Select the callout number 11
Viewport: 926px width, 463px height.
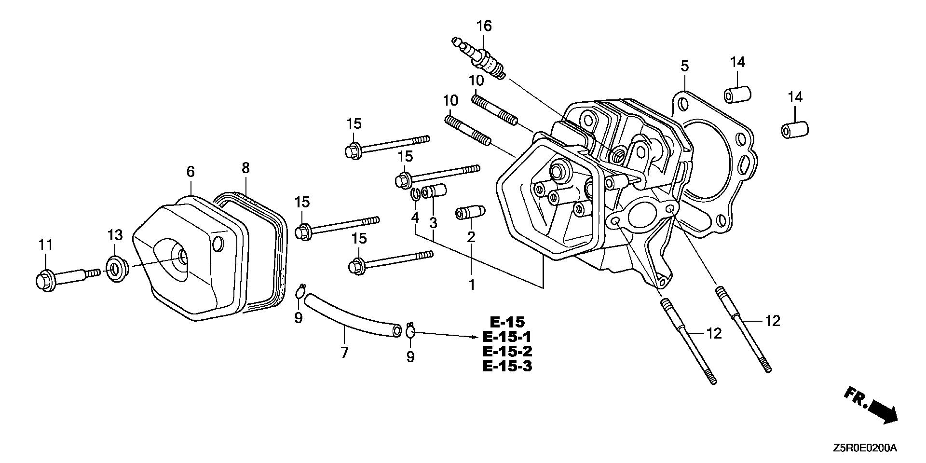click(45, 245)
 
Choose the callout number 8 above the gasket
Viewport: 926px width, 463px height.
click(245, 168)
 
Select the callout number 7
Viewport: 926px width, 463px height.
click(344, 353)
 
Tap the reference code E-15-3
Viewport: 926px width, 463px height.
click(507, 366)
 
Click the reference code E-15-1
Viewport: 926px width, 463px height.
click(507, 337)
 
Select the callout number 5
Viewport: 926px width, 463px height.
click(685, 66)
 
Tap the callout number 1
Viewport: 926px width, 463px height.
click(472, 285)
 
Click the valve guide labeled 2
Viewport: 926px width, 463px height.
click(470, 213)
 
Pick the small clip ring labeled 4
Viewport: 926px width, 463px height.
click(415, 195)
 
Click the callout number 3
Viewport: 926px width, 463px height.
click(433, 223)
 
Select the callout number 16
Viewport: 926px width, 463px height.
click(484, 26)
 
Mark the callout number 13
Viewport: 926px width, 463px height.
click(115, 235)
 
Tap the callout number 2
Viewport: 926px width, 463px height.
click(471, 237)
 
